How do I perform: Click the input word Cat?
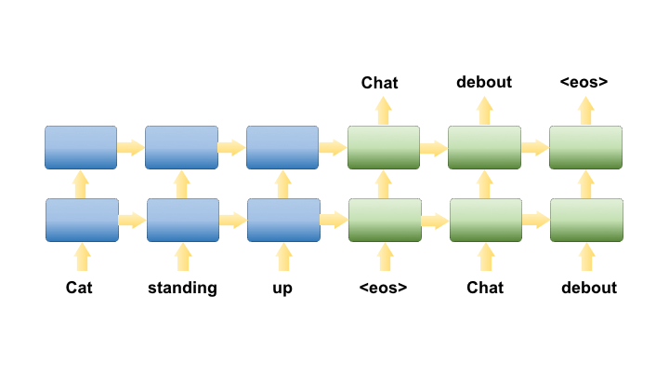coord(79,288)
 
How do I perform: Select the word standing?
coord(182,288)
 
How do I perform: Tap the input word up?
coord(282,288)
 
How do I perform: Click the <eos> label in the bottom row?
coord(383,288)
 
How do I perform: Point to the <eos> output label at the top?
coord(584,82)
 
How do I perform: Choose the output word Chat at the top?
coord(380,83)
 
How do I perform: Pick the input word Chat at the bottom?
coord(485,288)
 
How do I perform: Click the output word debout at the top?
coord(484,82)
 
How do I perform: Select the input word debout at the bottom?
coord(589,288)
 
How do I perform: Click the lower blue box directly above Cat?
coord(82,220)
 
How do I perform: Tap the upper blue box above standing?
coord(181,147)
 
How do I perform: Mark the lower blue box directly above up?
coord(283,220)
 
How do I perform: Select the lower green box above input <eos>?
coord(384,220)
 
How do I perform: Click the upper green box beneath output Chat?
coord(384,147)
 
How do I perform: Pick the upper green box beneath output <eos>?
coord(586,147)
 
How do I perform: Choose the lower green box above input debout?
coord(586,220)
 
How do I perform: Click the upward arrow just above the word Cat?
coord(82,256)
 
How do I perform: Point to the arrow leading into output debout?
coord(484,111)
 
